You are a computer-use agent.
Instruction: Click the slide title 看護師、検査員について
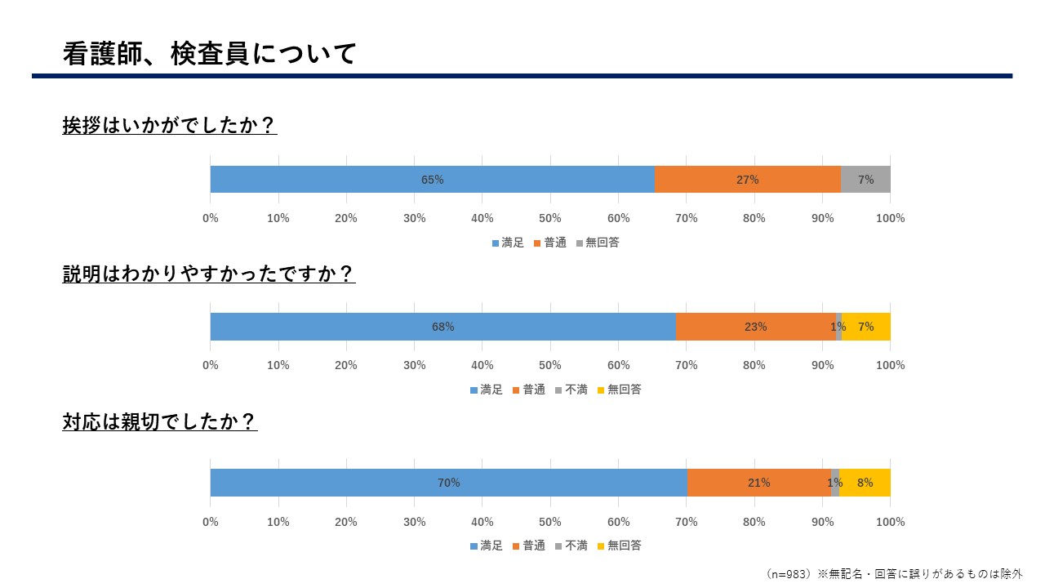pos(210,54)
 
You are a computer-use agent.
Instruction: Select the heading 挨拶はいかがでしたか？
pos(170,126)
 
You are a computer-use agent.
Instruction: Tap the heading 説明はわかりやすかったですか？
pos(209,274)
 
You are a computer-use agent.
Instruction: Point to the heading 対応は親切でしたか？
pos(160,421)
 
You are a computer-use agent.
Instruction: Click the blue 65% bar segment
pos(432,180)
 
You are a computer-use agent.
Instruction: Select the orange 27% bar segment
pos(747,180)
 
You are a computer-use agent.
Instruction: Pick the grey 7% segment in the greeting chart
pos(865,180)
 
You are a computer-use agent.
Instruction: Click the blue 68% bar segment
pos(442,327)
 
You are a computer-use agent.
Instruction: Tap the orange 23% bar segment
pos(755,327)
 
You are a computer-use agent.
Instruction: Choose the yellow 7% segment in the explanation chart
pos(866,327)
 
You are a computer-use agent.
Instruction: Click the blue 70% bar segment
pos(448,483)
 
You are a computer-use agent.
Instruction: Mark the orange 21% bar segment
pos(758,483)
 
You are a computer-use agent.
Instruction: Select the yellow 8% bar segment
pos(865,483)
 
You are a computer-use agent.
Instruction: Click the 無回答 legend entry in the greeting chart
pos(598,243)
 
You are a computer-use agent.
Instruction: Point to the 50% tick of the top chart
pos(550,218)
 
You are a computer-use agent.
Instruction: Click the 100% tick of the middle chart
pos(890,365)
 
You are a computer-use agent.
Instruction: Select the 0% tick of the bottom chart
pos(211,522)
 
